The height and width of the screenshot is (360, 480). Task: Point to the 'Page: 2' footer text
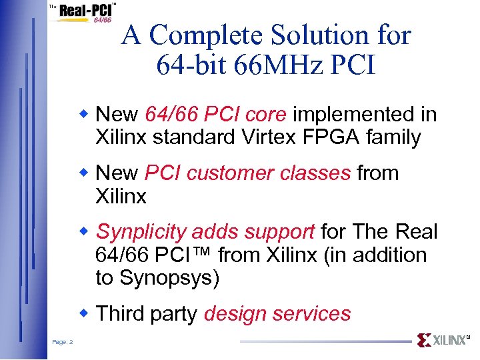[x=63, y=342]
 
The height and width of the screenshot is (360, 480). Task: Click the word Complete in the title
[x=205, y=35]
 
